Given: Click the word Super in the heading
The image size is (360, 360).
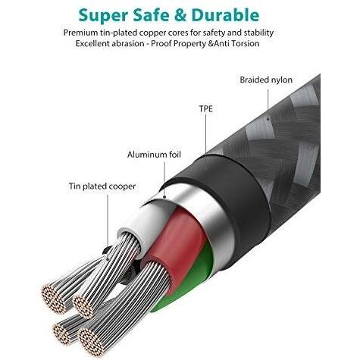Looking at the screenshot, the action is tap(103, 16).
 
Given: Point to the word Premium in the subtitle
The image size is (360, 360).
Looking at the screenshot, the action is tap(80, 33).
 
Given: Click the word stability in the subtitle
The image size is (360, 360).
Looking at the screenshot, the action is tap(258, 33).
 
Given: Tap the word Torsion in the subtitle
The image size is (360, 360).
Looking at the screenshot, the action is tap(244, 43).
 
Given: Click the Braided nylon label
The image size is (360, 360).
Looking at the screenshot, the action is tap(266, 80).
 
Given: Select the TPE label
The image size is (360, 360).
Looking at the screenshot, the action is tap(206, 108).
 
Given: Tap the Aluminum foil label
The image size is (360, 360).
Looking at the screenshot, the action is tap(154, 155).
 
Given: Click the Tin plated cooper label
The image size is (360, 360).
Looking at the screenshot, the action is tap(102, 186).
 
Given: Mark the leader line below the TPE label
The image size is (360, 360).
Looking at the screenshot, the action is tap(205, 134).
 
